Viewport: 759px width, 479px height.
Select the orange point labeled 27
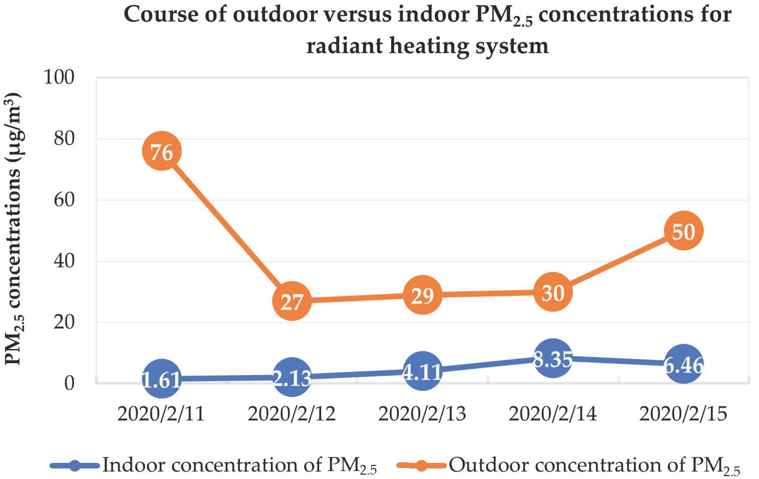292,301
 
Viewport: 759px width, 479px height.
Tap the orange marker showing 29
422,295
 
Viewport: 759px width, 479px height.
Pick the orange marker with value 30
553,292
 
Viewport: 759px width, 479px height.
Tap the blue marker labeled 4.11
422,371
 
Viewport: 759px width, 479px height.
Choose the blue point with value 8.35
553,358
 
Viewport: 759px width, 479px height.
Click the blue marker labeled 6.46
683,364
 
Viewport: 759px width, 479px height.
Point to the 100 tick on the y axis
59,77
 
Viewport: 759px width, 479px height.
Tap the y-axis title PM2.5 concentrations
13,230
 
